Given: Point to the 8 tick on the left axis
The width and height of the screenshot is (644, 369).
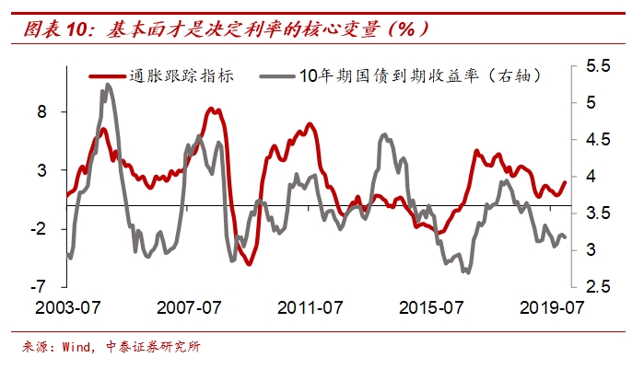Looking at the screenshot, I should click(53, 111).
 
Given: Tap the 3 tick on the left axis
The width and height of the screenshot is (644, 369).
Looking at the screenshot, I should click(53, 170).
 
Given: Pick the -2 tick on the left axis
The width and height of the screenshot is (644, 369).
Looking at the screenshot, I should click(49, 228).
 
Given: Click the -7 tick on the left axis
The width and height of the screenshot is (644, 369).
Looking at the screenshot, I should click(49, 287).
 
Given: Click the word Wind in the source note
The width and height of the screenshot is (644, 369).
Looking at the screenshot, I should click(76, 347).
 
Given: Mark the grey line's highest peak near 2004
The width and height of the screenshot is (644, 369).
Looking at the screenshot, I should click(108, 86).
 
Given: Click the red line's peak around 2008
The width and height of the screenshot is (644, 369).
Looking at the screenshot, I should click(211, 109).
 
